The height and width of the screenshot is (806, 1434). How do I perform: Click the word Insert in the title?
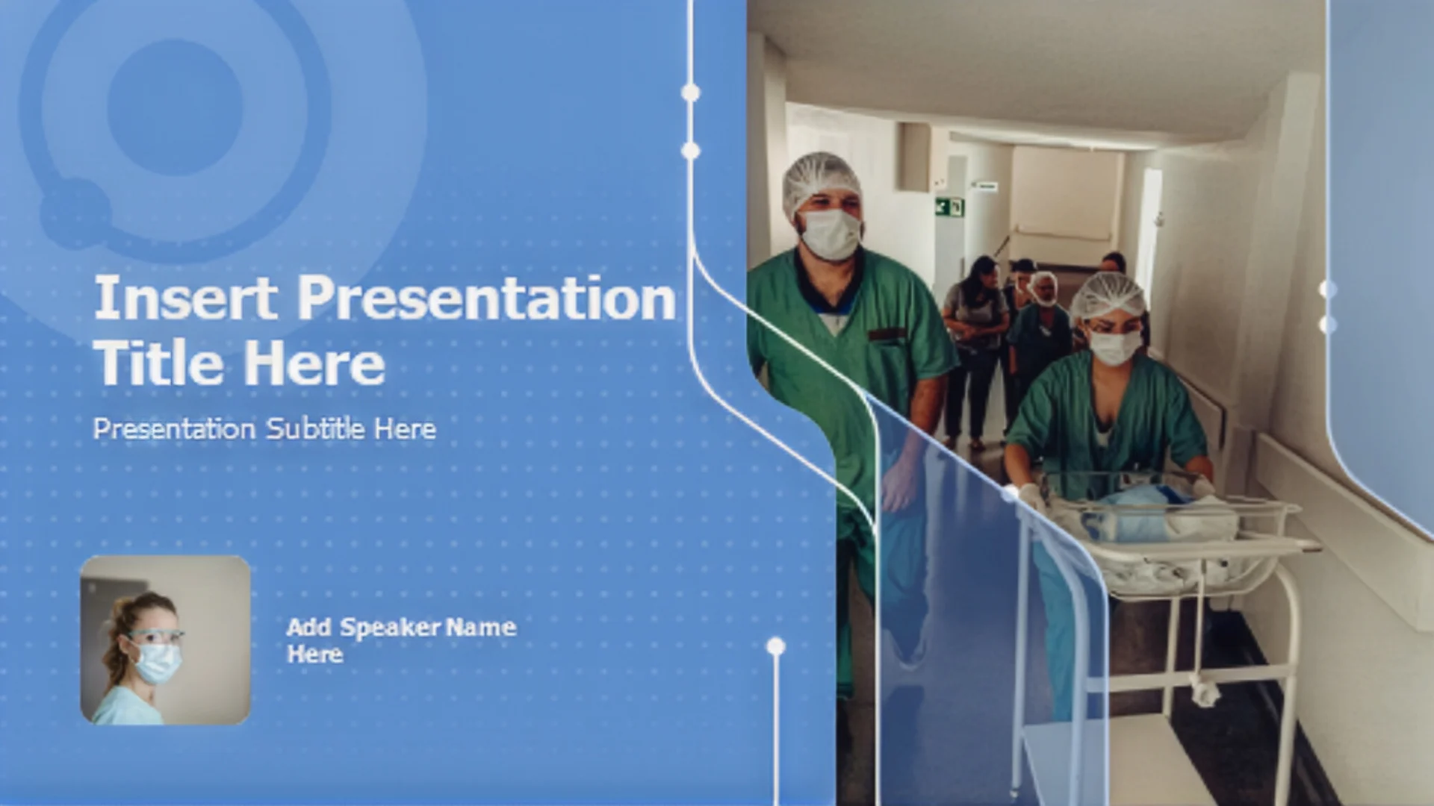pyautogui.click(x=186, y=298)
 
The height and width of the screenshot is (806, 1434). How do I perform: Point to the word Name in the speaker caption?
pyautogui.click(x=480, y=627)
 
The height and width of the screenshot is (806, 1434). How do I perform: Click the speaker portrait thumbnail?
pyautogui.click(x=165, y=640)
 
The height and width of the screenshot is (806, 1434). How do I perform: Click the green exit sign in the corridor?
pyautogui.click(x=950, y=207)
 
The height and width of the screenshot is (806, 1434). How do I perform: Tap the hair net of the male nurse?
pyautogui.click(x=820, y=181)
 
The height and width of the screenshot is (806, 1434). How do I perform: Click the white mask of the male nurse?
pyautogui.click(x=831, y=234)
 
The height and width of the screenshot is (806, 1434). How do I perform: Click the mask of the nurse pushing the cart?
pyautogui.click(x=1115, y=346)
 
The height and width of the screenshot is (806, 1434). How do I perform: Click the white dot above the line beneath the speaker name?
pyautogui.click(x=776, y=646)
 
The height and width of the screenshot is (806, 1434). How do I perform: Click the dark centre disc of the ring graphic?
pyautogui.click(x=175, y=107)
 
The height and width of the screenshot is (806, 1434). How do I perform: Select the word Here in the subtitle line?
pyautogui.click(x=405, y=428)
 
